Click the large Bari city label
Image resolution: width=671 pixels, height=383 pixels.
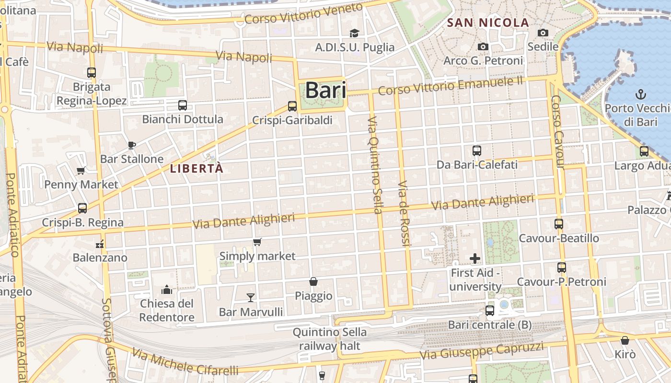coord(325,90)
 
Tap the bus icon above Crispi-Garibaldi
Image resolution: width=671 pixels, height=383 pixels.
coord(292,106)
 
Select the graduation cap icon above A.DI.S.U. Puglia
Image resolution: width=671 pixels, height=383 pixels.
coord(354,33)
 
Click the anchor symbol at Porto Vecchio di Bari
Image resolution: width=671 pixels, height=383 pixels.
coord(640,94)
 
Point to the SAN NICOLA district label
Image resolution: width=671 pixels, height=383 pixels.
coord(488,23)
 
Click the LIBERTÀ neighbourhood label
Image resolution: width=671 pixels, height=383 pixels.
coord(197,169)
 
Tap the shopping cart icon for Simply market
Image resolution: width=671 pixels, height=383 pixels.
coord(257,242)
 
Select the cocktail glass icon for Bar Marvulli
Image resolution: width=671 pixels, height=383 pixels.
coord(250,298)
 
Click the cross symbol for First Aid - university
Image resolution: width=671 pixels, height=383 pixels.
coord(475,259)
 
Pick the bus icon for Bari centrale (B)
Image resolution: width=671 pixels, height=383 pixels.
coord(490,310)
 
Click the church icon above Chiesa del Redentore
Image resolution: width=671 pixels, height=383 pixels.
coord(167,289)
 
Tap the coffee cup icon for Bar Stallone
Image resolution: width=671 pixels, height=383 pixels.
coord(132,145)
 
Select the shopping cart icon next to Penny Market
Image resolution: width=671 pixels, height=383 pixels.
coord(81,170)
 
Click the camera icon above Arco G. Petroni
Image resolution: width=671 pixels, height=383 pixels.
coord(483,46)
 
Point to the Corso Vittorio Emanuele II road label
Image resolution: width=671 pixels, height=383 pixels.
coord(450,85)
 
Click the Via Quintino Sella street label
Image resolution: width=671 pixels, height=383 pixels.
coord(376,165)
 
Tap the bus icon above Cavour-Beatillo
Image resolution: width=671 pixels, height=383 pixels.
coord(559,224)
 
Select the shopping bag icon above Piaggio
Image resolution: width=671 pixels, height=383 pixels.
coord(313,282)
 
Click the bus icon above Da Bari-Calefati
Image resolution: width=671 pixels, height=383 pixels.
coord(477,151)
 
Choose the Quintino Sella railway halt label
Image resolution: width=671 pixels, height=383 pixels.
coord(329,338)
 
